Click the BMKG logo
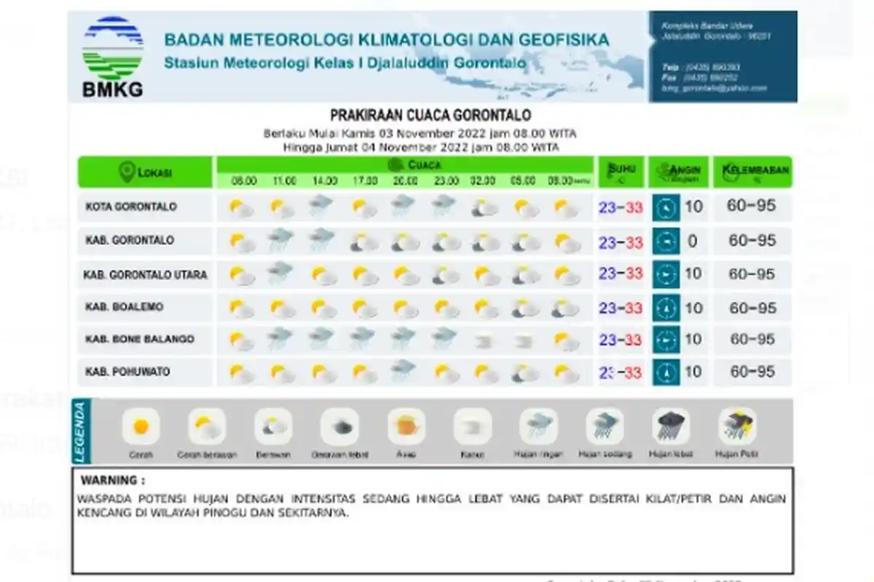(x=113, y=57)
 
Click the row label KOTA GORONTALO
(x=131, y=207)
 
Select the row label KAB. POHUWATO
(x=127, y=372)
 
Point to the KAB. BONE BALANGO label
(x=139, y=340)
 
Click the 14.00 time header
(x=325, y=180)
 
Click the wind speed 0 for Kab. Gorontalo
(x=693, y=241)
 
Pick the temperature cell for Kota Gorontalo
(x=621, y=207)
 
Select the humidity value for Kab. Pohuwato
(x=752, y=372)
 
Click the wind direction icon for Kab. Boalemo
(x=666, y=308)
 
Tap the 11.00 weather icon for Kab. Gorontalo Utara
(x=280, y=274)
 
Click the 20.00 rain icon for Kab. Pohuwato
(x=403, y=371)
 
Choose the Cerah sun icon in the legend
(x=141, y=427)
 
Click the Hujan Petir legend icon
(x=736, y=426)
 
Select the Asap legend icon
(x=406, y=426)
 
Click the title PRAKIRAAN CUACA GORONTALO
(x=430, y=116)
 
